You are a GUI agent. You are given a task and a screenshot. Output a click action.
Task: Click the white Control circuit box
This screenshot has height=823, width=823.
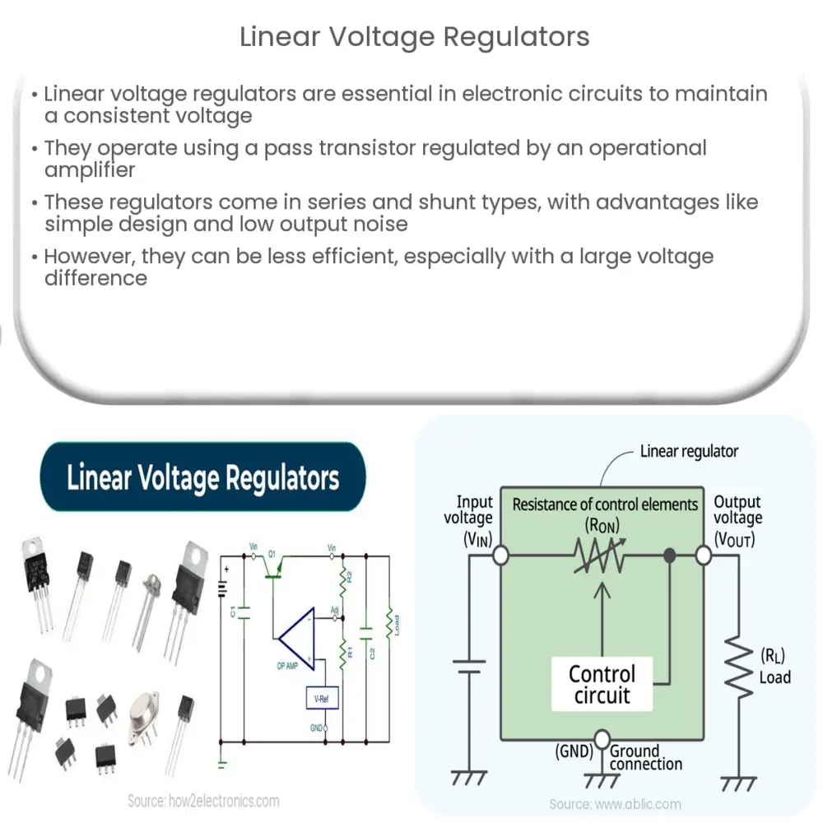(x=602, y=686)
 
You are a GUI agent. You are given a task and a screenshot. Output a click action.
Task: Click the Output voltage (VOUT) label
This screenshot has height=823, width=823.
(x=738, y=518)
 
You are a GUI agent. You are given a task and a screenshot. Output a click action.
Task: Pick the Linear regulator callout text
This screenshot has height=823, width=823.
(x=689, y=451)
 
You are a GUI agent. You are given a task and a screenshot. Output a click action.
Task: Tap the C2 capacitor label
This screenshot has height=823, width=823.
(x=372, y=653)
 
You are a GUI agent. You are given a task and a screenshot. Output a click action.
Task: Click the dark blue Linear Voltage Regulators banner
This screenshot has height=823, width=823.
(x=202, y=477)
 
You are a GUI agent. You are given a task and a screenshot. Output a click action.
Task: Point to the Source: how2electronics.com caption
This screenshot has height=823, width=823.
(x=203, y=800)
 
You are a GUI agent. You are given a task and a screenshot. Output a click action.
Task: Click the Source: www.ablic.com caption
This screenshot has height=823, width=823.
(x=615, y=804)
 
